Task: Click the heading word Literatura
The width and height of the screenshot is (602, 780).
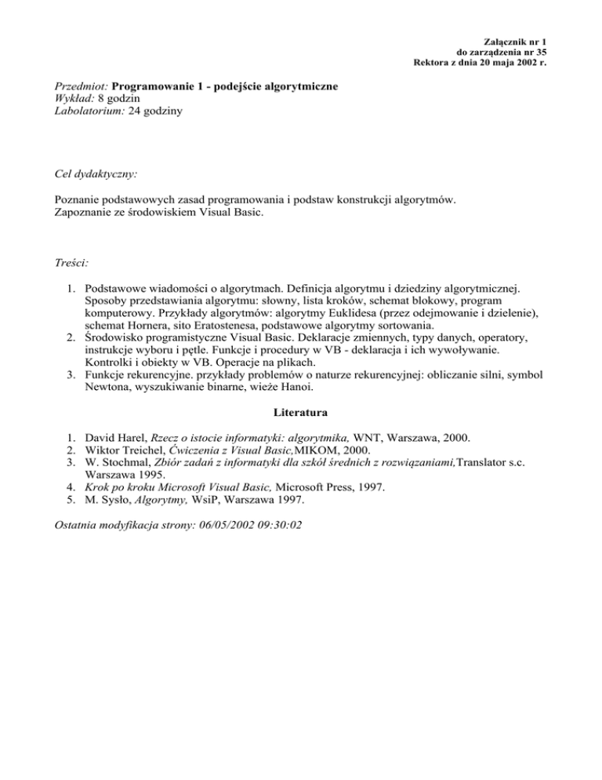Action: click(x=301, y=410)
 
